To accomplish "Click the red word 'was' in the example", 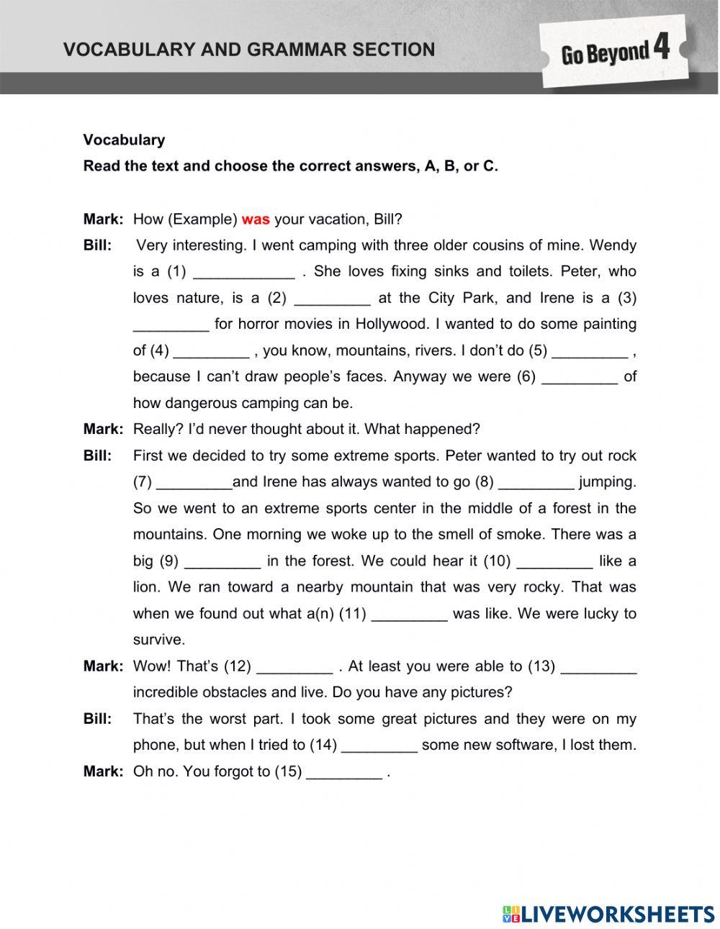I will pos(256,219).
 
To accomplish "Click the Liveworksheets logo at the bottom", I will pos(608,914).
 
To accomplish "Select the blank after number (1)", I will pos(244,273).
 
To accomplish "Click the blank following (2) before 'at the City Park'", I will pos(332,299).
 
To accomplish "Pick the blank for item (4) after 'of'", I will pos(211,351).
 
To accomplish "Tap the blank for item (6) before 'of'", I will pos(579,378).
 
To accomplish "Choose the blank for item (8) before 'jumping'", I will pos(536,483).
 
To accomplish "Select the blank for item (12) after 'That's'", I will pos(294,667).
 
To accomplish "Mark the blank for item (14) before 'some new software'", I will pos(379,746).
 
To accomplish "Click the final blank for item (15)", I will pos(344,772).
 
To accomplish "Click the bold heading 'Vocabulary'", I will pos(124,140).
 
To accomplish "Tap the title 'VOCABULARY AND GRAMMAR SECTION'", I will pos(249,50).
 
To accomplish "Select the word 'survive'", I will pos(158,640).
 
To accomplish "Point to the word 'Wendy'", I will pos(613,245).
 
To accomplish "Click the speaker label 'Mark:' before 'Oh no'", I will pos(103,771).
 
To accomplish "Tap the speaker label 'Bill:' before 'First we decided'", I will pos(98,456).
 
